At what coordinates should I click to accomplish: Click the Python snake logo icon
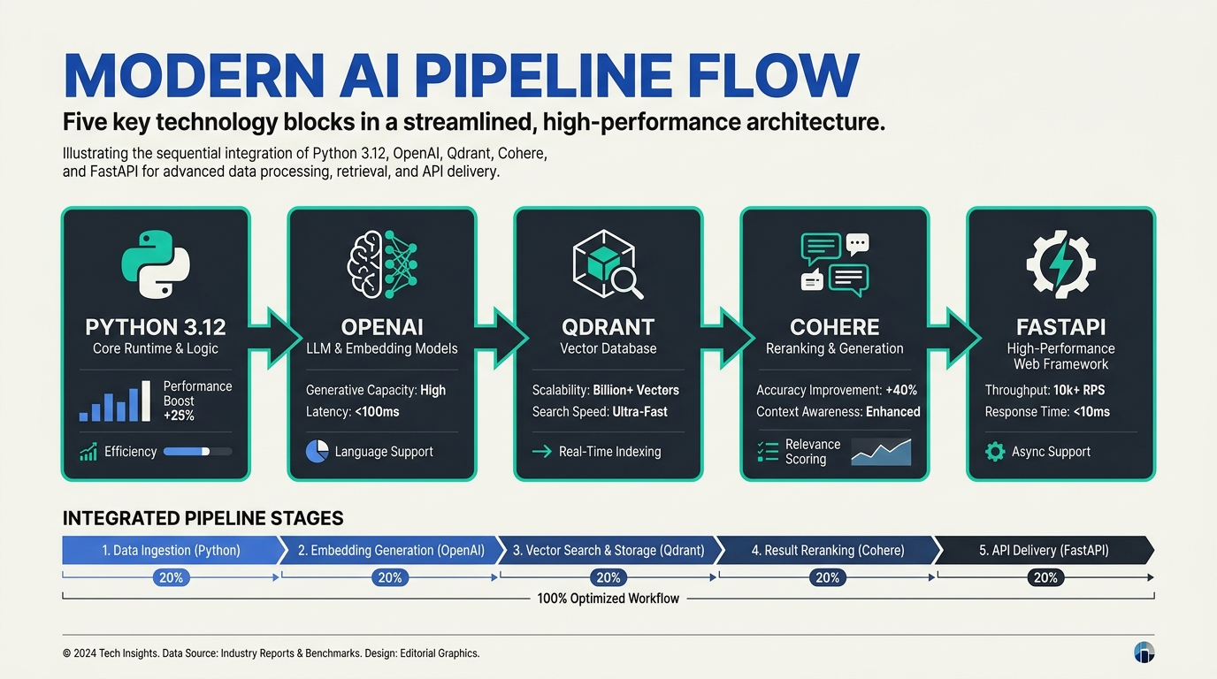point(156,264)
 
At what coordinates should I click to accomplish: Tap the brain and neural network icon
point(382,264)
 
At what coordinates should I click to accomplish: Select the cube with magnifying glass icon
point(608,264)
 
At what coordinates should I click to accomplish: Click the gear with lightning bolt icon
point(1061,264)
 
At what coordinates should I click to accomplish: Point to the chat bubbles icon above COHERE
point(835,264)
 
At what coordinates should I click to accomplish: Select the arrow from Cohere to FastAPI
point(954,338)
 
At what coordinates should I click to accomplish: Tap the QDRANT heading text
point(608,327)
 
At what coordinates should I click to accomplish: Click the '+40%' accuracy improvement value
point(901,390)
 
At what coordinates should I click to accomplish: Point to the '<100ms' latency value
point(377,412)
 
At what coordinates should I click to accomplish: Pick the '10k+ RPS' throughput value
point(1079,390)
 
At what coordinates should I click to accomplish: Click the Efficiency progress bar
point(198,452)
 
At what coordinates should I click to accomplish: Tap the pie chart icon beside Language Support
point(318,452)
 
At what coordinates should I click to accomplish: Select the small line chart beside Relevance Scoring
point(881,452)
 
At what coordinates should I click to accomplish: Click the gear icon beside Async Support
point(995,452)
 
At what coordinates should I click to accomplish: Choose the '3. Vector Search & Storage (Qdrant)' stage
point(608,550)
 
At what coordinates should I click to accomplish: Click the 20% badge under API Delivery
point(1045,577)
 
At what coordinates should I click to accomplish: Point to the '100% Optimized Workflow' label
point(608,599)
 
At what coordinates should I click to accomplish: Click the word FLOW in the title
point(773,75)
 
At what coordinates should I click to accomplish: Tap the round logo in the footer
point(1144,652)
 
